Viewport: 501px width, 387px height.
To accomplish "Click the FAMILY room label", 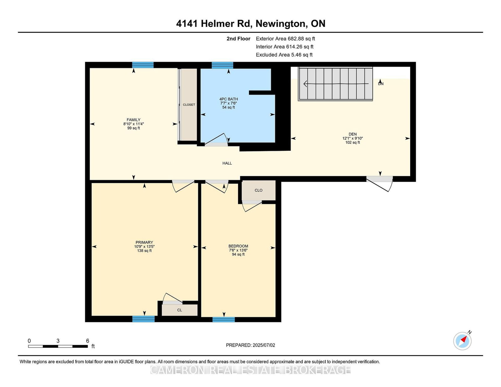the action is [133, 120].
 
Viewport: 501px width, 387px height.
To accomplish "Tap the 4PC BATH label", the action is [229, 99].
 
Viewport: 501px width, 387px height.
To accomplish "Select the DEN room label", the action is [353, 134].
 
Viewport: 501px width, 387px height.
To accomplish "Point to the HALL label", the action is [227, 163].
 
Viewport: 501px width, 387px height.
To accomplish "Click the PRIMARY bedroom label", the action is [144, 242].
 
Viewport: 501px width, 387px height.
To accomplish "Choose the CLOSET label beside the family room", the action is [189, 104].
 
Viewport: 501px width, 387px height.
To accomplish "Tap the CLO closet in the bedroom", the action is [258, 190].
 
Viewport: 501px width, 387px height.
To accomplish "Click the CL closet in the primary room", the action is [180, 310].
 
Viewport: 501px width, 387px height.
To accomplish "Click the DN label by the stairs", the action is [381, 84].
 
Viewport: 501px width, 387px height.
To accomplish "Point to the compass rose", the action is [462, 341].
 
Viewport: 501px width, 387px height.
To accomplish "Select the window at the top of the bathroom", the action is [222, 65].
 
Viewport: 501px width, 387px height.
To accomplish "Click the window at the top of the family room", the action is [143, 65].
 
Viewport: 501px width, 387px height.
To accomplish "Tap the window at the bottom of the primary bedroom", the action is [143, 319].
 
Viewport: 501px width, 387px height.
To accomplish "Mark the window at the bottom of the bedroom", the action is [223, 319].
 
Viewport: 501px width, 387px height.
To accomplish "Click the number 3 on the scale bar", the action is [58, 341].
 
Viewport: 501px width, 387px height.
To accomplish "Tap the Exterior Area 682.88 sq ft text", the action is [285, 39].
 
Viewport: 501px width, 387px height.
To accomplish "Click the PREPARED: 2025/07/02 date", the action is [250, 345].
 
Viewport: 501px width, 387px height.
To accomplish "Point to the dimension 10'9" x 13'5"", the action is [144, 247].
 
